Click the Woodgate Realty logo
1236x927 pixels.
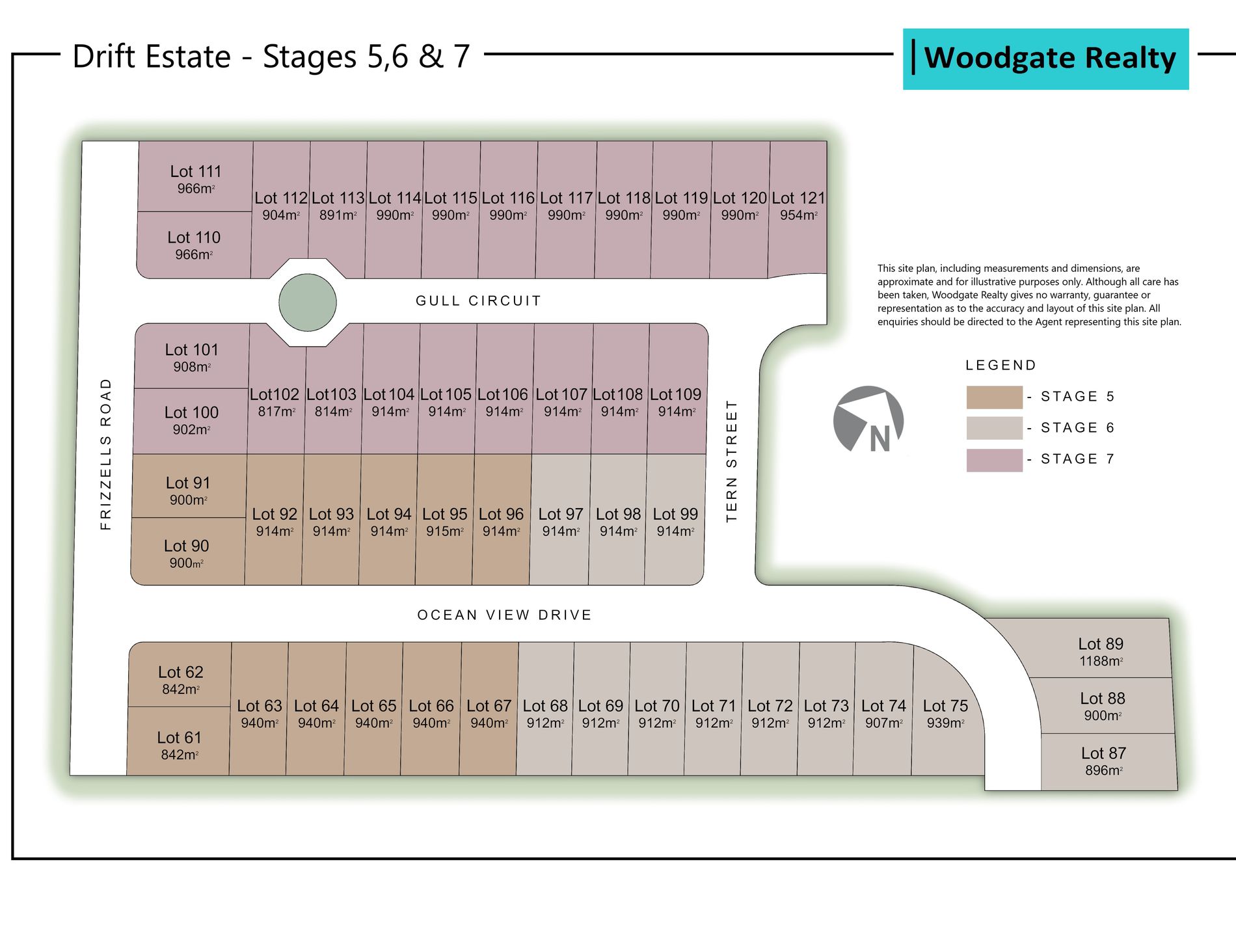click(x=1045, y=59)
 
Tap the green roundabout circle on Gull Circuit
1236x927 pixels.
click(x=308, y=302)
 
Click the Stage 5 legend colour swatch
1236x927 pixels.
click(x=994, y=397)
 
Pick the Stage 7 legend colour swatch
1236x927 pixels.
click(x=994, y=460)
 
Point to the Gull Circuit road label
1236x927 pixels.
click(x=478, y=301)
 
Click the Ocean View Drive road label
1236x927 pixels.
click(x=504, y=615)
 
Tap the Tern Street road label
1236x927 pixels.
click(x=732, y=461)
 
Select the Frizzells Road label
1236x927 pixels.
click(x=106, y=453)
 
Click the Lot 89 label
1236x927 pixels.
click(x=1101, y=644)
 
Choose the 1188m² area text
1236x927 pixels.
click(x=1101, y=661)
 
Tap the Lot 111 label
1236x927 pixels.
click(x=196, y=172)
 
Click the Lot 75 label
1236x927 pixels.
click(x=945, y=706)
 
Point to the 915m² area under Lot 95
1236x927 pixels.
click(x=445, y=531)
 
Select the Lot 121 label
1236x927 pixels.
click(x=798, y=198)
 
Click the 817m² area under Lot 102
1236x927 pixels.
click(x=276, y=412)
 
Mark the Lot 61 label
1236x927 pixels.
click(x=180, y=738)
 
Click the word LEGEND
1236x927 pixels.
click(x=1001, y=366)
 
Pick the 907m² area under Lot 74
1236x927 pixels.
click(x=883, y=723)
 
